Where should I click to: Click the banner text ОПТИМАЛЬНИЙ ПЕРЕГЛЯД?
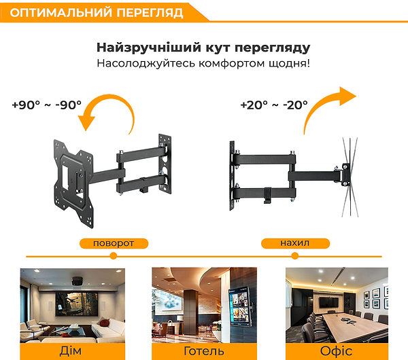tap(97, 12)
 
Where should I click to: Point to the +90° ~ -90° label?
tap(47, 105)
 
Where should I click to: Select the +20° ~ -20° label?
tap(274, 105)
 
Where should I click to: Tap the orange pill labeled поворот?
tap(114, 244)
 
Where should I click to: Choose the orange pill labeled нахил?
tap(295, 243)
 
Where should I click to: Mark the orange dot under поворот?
tap(113, 256)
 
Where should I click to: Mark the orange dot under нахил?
tap(295, 256)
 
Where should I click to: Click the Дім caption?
tap(71, 351)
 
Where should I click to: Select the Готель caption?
tap(204, 351)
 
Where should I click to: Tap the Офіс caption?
tap(336, 351)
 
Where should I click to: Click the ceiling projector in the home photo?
tap(78, 281)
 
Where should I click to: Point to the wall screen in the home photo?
tap(77, 304)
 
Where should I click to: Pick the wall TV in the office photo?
tap(329, 302)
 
